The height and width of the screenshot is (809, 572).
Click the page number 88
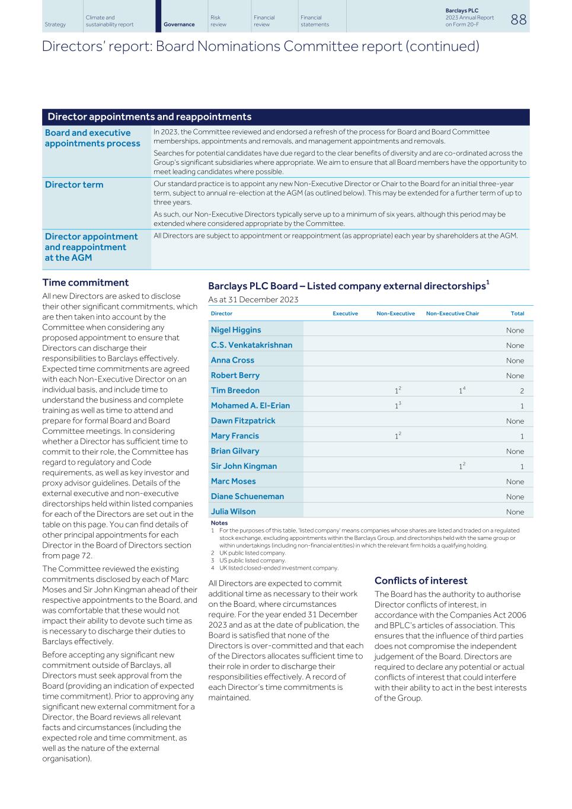(x=517, y=20)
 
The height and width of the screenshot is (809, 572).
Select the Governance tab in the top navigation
(x=179, y=24)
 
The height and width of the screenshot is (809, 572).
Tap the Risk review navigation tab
(x=219, y=21)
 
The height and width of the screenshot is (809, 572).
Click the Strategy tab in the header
(x=55, y=24)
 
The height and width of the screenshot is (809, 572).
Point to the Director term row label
(x=74, y=185)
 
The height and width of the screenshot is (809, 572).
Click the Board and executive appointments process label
(x=92, y=138)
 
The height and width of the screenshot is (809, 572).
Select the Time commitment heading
(x=85, y=283)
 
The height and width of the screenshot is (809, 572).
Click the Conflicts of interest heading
(x=421, y=581)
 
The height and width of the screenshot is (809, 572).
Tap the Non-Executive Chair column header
(x=452, y=314)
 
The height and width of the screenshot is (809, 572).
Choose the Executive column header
(x=345, y=314)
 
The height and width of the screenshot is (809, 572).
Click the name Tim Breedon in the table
(x=235, y=391)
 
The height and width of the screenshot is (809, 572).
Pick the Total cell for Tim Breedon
(x=522, y=391)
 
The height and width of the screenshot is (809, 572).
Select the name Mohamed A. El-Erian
(x=250, y=406)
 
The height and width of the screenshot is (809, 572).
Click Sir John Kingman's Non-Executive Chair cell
(x=461, y=466)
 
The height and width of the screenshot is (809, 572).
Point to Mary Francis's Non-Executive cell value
(x=397, y=436)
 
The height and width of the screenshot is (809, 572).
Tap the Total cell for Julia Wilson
(x=515, y=512)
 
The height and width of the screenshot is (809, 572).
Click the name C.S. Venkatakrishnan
(x=251, y=346)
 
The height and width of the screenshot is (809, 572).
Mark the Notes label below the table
(x=219, y=523)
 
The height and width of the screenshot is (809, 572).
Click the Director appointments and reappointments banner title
(x=149, y=117)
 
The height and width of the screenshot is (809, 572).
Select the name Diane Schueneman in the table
(x=247, y=497)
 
